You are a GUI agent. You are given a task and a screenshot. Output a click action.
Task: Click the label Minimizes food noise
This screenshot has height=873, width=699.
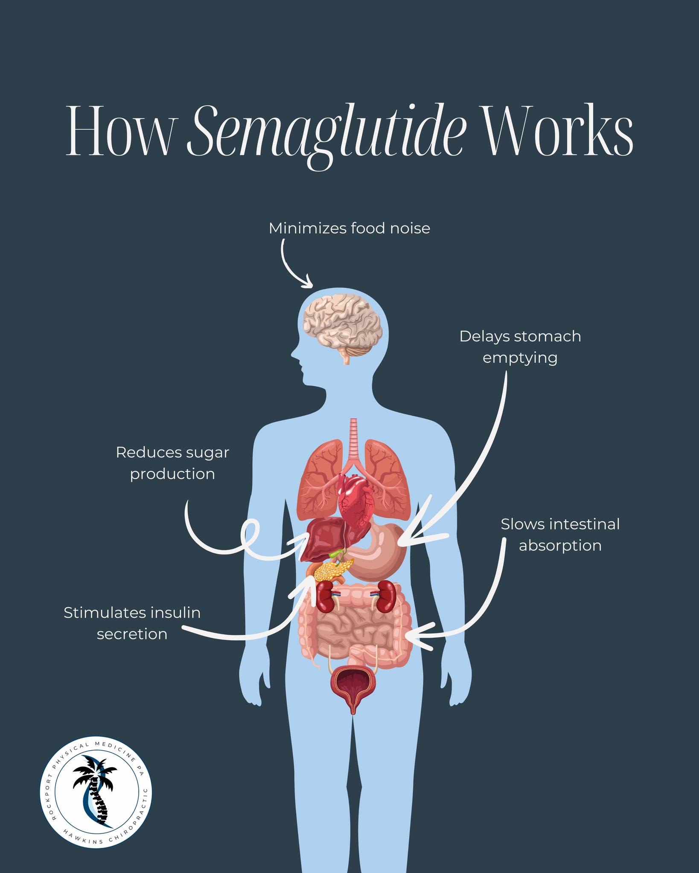click(x=349, y=228)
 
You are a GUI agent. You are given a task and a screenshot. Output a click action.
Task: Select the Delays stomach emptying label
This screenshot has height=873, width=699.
click(x=520, y=347)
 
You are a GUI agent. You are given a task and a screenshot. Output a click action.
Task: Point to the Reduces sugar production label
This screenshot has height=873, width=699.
click(x=172, y=463)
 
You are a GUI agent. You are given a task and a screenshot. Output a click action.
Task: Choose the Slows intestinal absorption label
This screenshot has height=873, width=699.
click(x=560, y=535)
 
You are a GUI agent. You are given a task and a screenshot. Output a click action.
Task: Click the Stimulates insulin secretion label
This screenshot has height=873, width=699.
click(x=132, y=623)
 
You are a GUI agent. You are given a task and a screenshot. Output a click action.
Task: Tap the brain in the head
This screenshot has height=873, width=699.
click(x=342, y=328)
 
